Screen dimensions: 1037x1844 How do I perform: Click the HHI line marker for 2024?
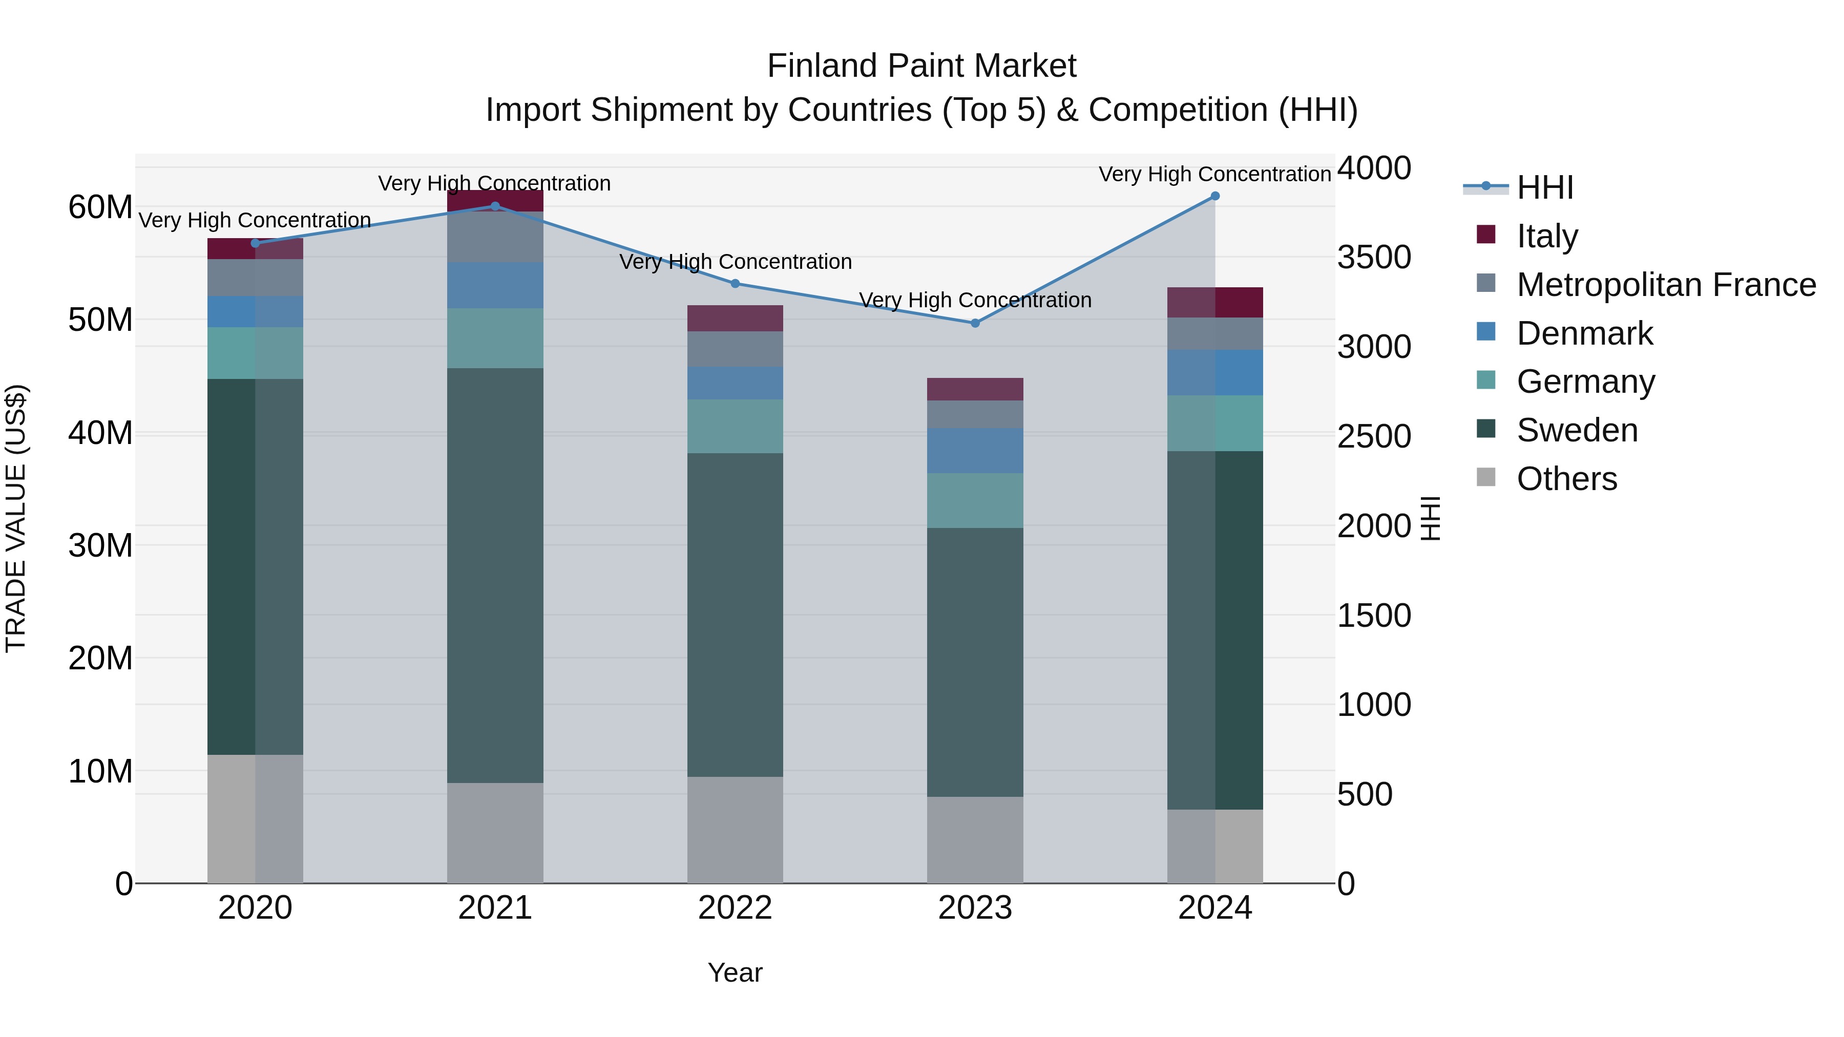pos(1215,196)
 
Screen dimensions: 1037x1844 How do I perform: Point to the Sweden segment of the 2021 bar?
pos(495,576)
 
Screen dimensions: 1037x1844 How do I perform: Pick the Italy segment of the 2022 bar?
pos(735,319)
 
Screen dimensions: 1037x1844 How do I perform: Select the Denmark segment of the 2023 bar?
pos(975,451)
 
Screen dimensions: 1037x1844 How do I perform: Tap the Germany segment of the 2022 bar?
pos(735,427)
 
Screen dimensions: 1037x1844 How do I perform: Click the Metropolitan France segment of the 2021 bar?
pos(495,237)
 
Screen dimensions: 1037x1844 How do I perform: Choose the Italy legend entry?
pos(1547,236)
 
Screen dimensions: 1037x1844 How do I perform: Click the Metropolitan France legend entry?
pos(1666,285)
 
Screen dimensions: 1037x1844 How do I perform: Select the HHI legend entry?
pos(1545,187)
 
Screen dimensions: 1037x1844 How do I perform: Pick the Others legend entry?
pos(1566,479)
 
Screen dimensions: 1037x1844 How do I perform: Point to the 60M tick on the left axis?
pos(100,207)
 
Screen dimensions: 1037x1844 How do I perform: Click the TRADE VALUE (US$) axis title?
pos(16,518)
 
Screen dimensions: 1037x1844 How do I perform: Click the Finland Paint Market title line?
pos(921,66)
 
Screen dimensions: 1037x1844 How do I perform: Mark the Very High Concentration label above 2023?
pos(975,300)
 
